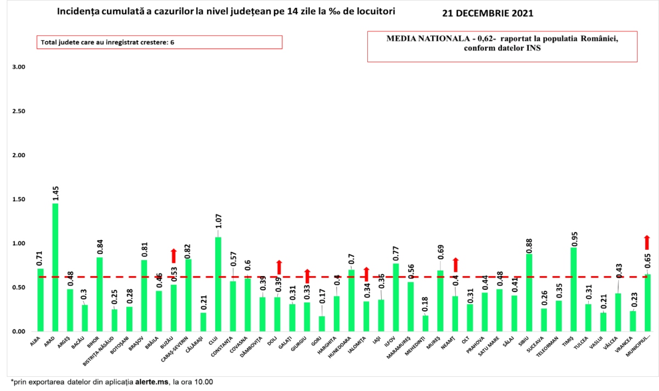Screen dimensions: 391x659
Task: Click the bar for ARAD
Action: [x=55, y=267]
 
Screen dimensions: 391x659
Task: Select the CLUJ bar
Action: [x=218, y=284]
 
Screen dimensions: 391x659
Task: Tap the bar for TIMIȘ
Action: [x=573, y=289]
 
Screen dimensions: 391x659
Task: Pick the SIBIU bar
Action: [x=529, y=293]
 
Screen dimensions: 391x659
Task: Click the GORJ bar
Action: [x=322, y=324]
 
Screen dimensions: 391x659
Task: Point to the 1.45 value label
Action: [x=55, y=193]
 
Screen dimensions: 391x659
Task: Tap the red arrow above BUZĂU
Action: [x=174, y=256]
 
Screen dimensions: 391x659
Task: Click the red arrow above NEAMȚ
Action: [x=455, y=265]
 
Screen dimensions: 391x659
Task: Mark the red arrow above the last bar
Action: [x=647, y=243]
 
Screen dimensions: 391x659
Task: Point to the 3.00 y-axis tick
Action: [x=19, y=67]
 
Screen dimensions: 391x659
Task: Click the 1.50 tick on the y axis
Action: [x=19, y=199]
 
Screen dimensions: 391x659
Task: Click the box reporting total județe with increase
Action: [x=159, y=42]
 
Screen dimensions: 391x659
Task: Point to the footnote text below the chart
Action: [x=110, y=382]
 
